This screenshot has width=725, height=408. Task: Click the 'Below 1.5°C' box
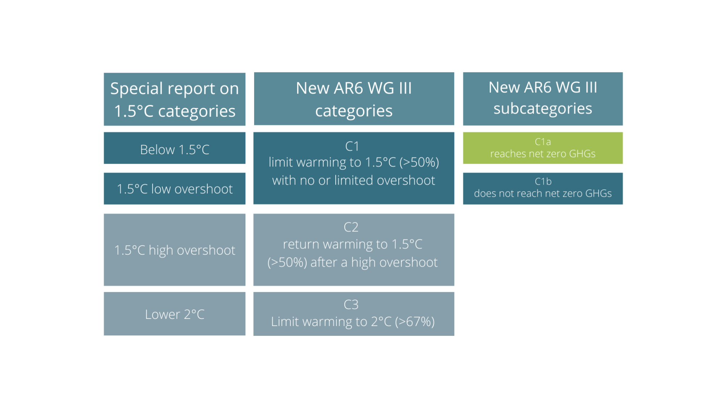click(174, 148)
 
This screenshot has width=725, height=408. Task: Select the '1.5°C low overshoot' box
click(174, 189)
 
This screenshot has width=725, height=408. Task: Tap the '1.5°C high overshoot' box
click(174, 250)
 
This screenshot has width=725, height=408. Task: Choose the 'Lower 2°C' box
click(174, 314)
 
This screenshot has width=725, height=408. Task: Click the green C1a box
click(543, 148)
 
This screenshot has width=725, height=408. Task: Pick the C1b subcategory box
click(543, 189)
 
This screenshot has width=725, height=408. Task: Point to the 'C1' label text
click(352, 146)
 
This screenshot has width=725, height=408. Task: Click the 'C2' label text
click(351, 227)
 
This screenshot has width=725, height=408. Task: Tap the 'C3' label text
click(351, 305)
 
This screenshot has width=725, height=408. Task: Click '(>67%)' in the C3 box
click(415, 322)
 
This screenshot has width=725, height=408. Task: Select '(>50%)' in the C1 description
click(419, 162)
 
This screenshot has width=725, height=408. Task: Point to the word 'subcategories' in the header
click(543, 109)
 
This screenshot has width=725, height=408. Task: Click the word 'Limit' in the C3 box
click(282, 321)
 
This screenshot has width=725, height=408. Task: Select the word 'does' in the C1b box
click(484, 193)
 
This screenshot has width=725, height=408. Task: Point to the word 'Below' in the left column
click(157, 150)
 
